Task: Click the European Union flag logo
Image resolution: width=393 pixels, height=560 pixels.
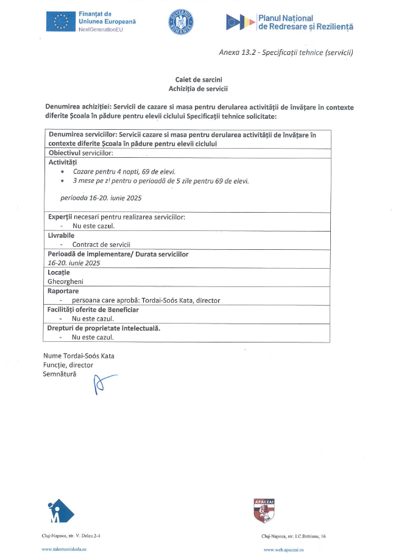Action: pos(60,21)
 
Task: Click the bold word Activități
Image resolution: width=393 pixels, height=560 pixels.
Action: pos(63,162)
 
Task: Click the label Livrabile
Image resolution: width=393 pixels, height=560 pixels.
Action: pos(61,235)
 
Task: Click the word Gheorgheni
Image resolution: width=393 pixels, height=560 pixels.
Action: pos(67,282)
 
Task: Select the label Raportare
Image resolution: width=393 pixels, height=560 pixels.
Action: pos(63,291)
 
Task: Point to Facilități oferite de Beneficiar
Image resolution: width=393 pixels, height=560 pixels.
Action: pos(93,310)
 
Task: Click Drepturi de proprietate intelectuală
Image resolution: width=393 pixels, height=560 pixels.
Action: pos(104,328)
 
